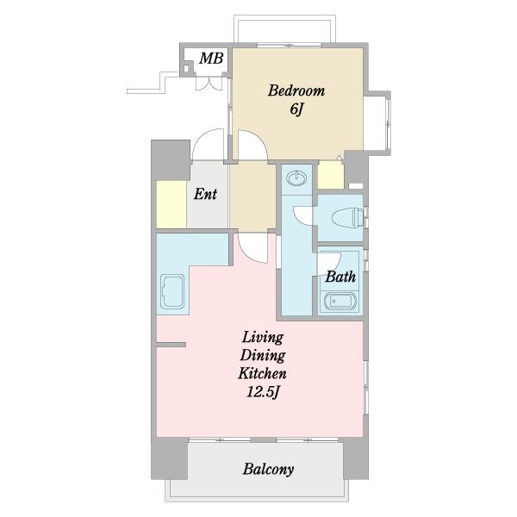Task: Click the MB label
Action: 211,59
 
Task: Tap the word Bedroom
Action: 296,90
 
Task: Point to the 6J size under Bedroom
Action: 296,109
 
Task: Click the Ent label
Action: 205,194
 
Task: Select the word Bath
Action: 340,277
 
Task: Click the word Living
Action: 263,338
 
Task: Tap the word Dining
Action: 263,356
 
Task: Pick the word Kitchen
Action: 262,374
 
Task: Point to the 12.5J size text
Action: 263,392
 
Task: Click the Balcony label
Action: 268,470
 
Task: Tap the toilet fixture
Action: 347,217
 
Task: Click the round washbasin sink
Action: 296,178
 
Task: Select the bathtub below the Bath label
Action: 340,301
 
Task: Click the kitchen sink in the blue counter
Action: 172,291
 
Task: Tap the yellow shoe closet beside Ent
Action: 171,204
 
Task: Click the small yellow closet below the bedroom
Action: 331,175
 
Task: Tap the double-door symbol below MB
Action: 209,84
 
